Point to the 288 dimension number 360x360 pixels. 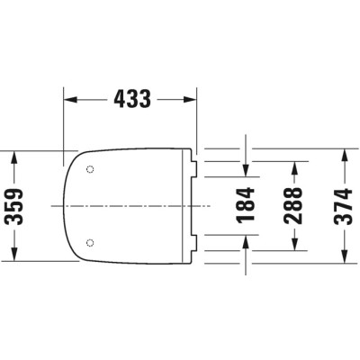(293, 206)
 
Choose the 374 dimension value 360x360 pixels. (341, 206)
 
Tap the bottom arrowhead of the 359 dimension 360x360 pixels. (13, 256)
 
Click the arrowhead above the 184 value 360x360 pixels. (246, 171)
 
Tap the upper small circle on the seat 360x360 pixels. (90, 170)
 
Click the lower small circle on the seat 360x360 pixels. (90, 242)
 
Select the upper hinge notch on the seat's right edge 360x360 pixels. (195, 166)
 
